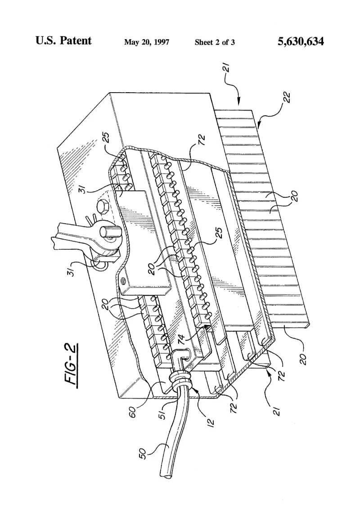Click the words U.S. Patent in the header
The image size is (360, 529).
click(63, 41)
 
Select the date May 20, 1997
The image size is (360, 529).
click(147, 42)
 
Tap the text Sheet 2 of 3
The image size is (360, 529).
click(215, 42)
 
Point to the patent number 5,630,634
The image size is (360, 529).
click(301, 41)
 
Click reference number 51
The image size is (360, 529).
click(163, 415)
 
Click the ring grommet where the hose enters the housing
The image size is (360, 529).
click(181, 380)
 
